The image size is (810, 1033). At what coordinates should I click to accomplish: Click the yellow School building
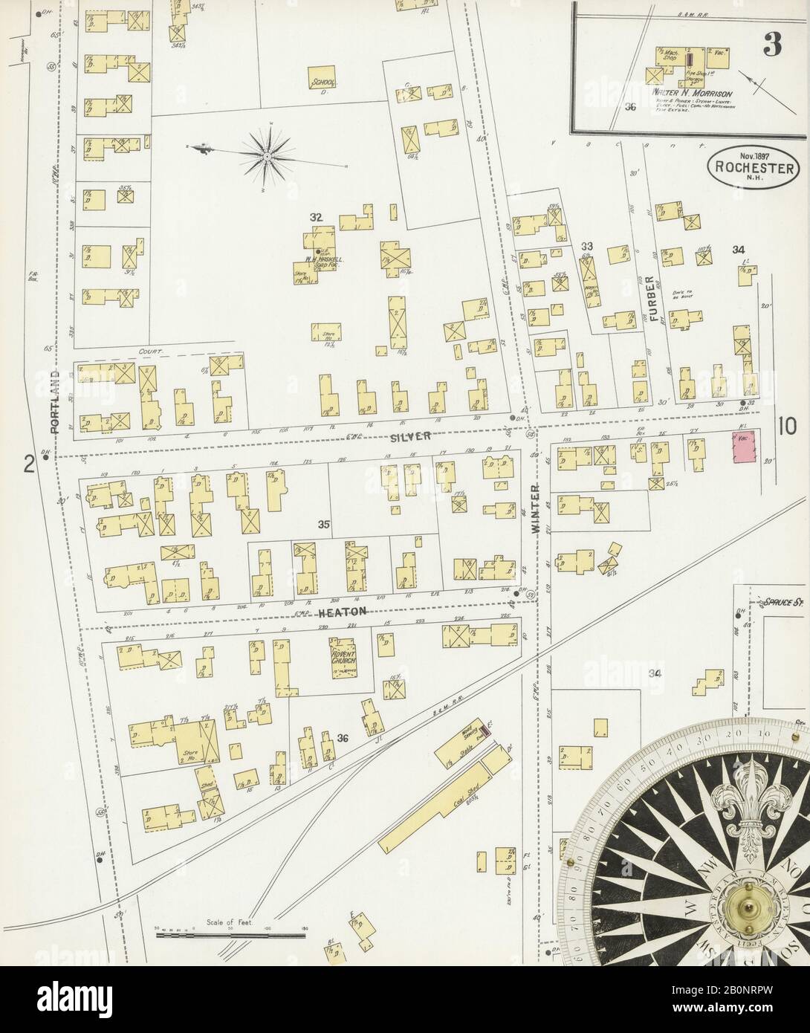[x=323, y=80]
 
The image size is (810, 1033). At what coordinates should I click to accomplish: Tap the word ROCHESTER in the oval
[x=754, y=167]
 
